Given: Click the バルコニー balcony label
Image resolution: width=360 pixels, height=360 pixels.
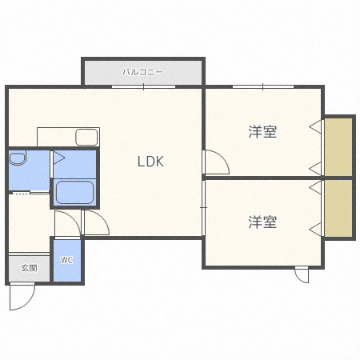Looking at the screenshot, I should [x=142, y=71].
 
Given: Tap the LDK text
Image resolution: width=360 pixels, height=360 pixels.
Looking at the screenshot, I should [x=150, y=162].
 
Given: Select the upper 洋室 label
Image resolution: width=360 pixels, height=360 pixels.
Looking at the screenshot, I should [x=262, y=132].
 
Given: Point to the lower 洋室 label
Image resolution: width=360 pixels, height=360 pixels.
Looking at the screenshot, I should [x=262, y=222].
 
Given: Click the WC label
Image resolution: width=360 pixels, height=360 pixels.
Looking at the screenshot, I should [x=66, y=260].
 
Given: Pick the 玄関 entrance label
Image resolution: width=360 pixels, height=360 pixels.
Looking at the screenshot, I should [x=29, y=268].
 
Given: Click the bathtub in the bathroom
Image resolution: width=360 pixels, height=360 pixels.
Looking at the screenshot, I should [x=74, y=193].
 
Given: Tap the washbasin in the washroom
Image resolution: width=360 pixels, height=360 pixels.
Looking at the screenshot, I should [x=18, y=159].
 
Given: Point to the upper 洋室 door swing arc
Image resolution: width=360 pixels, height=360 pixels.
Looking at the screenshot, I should [x=216, y=162].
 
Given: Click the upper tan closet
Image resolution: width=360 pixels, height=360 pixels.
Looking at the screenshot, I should [x=339, y=146].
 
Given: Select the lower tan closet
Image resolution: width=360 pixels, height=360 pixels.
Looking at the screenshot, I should [x=339, y=208].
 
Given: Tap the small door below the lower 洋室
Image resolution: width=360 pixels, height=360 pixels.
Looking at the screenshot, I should [x=302, y=274].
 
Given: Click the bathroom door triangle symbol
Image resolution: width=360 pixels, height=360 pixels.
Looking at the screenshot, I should [x=58, y=158].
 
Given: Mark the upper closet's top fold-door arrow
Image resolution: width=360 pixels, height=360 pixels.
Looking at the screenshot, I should [x=316, y=126].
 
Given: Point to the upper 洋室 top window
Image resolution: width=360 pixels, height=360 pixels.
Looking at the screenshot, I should [x=263, y=86].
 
